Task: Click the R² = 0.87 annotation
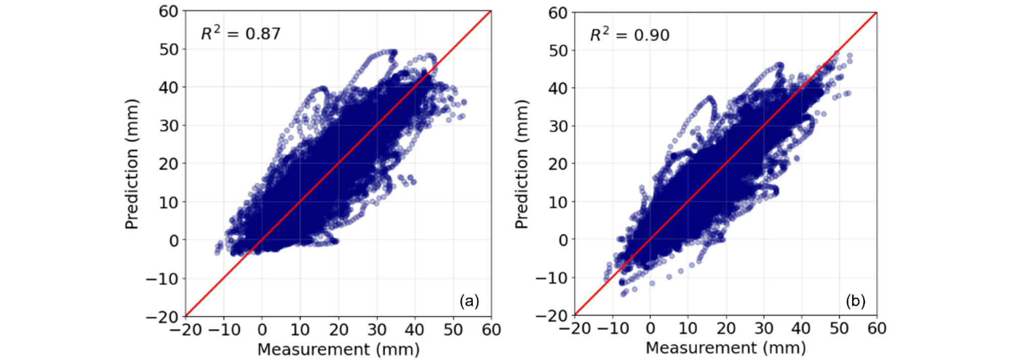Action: point(241,33)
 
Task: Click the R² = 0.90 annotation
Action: point(630,35)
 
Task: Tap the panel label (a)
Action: point(469,301)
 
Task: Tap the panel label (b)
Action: point(856,301)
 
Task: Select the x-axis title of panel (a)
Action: point(339,349)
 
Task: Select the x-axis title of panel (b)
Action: point(726,347)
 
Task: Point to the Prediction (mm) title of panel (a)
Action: point(132,164)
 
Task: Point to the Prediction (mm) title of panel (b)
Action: point(522,164)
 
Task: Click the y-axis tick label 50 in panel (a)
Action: point(169,49)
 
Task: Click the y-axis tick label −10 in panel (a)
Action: point(162,278)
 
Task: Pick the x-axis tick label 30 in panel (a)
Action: point(377,330)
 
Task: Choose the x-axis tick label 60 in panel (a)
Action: point(491,330)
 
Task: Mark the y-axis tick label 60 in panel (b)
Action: point(558,13)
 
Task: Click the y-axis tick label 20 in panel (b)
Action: point(558,164)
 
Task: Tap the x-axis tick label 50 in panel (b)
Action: point(839,328)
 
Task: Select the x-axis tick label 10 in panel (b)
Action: point(688,328)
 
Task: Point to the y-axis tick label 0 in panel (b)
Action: point(563,240)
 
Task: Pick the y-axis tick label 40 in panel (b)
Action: point(558,88)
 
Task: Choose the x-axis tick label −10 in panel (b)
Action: point(613,328)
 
